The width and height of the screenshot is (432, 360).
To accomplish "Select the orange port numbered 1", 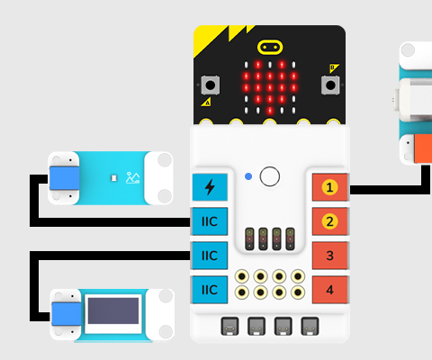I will [330, 188].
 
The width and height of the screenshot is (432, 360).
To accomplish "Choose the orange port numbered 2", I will [330, 221].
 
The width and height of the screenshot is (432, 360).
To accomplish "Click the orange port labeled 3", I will [330, 256].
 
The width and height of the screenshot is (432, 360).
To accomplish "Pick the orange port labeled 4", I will [330, 289].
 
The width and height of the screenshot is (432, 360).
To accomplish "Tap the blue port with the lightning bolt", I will [210, 188].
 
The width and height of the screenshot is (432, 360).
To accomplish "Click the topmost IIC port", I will [210, 221].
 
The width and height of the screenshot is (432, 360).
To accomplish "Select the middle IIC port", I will [210, 256].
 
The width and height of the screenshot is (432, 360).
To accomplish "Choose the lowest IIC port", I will [210, 289].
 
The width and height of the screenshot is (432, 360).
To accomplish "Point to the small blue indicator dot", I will [247, 175].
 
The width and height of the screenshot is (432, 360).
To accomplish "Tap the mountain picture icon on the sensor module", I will [133, 178].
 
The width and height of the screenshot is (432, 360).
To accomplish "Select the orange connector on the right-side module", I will [420, 148].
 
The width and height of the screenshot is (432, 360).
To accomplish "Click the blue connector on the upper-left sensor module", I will [63, 178].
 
